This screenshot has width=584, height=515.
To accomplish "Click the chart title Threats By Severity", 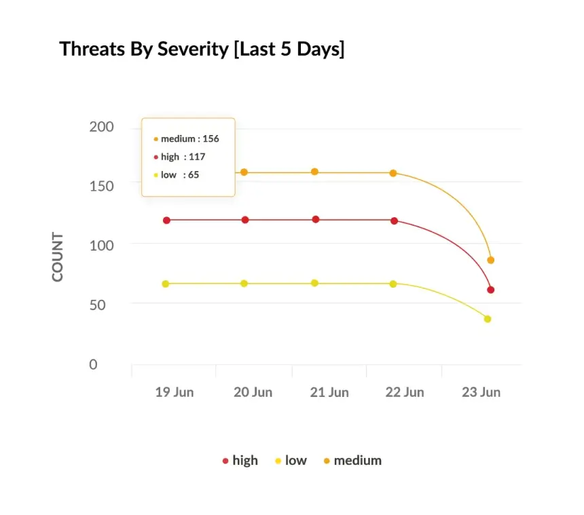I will coord(202,49).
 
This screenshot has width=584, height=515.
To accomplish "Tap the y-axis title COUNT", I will coord(58,257).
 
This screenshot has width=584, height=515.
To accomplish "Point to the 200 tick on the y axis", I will coord(102,127).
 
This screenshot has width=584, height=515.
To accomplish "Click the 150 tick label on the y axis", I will coord(102,186).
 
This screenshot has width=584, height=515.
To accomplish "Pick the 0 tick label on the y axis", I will coord(94,364).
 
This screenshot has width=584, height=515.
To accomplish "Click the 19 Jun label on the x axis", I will coord(174,392).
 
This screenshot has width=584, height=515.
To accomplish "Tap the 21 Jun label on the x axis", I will coord(329,392).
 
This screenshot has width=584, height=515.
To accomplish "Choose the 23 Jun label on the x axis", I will coord(481,392).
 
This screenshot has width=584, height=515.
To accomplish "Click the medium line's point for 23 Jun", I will coord(490,260).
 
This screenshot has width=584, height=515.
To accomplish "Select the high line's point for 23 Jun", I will coord(490,290).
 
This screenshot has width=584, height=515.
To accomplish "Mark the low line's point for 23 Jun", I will coord(487,319).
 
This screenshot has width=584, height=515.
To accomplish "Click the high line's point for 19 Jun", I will coord(166,220).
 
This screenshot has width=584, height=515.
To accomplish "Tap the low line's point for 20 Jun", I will coord(244,283).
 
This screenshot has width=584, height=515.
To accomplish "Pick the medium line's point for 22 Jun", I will coord(393,173).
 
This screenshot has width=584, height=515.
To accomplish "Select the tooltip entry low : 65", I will coord(179,174).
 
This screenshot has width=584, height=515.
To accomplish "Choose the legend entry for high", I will coord(240,460).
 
